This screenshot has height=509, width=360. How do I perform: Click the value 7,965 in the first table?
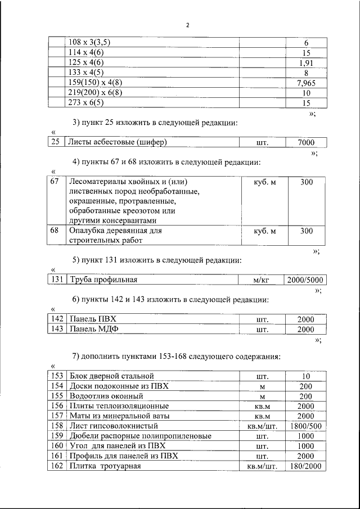(x=306, y=83)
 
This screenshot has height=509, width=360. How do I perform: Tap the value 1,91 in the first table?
(x=306, y=63)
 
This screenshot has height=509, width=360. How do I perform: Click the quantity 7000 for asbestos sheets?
(x=306, y=142)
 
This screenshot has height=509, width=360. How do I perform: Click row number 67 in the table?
(x=55, y=182)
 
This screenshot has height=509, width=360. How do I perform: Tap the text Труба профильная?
(x=103, y=280)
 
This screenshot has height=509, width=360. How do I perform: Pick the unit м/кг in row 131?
(x=262, y=280)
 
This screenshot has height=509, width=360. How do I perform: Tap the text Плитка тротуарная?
(x=104, y=466)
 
